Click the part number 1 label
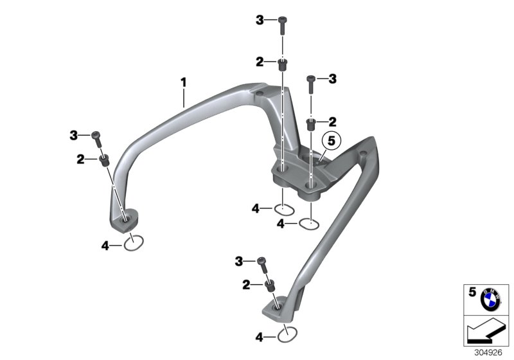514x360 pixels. (x=183, y=82)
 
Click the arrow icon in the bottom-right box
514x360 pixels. (x=486, y=332)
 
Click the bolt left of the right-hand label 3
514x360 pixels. (x=312, y=81)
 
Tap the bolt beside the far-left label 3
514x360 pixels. (x=98, y=136)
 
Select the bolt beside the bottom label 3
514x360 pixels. (x=262, y=262)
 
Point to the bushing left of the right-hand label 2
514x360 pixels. (x=311, y=122)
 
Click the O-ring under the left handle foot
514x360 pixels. (x=134, y=242)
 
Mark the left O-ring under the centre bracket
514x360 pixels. (x=284, y=208)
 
